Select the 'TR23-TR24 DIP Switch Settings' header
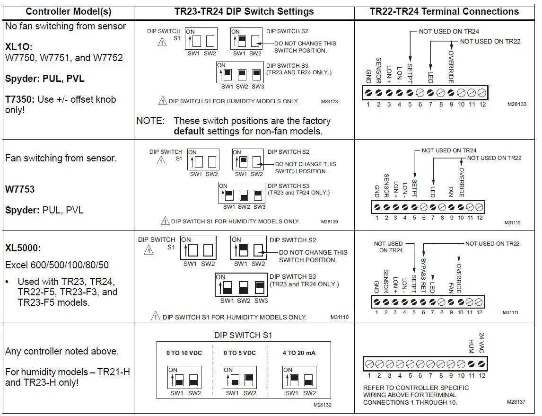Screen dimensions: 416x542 pos(244,11)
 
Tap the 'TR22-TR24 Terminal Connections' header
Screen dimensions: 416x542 pos(444,11)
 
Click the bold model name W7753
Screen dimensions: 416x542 pos(20,189)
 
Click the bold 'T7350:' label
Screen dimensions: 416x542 pos(20,99)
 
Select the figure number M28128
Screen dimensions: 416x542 pos(329,101)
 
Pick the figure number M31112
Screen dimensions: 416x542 pos(512,223)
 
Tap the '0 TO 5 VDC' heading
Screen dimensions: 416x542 pos(240,353)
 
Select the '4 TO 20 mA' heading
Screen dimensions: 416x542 pos(299,353)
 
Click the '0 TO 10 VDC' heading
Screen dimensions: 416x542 pos(184,353)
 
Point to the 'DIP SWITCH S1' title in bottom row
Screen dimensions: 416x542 pos(243,335)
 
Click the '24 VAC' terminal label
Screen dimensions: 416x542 pos(482,342)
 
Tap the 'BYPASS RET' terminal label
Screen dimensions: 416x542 pos(423,275)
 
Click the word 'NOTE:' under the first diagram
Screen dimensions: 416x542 pos(150,121)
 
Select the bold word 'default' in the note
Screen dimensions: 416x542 pos(189,132)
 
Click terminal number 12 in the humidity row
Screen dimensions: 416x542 pos(482,376)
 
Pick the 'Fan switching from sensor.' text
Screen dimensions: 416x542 pos(61,159)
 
